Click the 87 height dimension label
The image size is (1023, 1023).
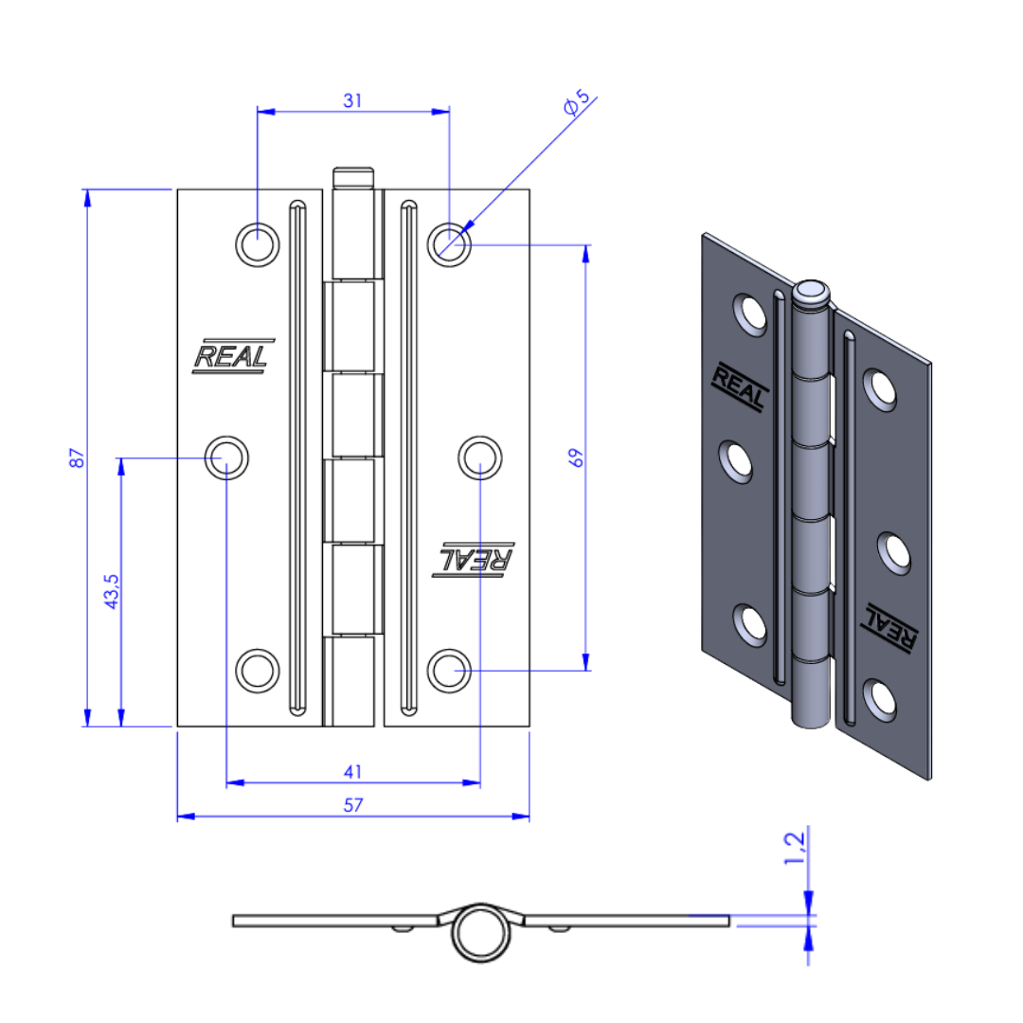click(x=77, y=458)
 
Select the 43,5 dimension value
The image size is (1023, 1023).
click(x=112, y=591)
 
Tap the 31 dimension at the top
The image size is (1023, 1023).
click(x=353, y=100)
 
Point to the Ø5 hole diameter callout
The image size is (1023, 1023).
click(x=577, y=102)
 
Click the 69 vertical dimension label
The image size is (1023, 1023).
click(x=576, y=458)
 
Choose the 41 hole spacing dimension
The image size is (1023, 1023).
click(x=353, y=772)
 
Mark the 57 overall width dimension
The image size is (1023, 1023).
click(x=353, y=805)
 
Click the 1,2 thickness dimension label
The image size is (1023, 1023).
click(x=795, y=848)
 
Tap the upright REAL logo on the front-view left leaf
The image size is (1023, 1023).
click(x=232, y=356)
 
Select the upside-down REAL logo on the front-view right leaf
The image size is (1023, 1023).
click(x=474, y=559)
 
